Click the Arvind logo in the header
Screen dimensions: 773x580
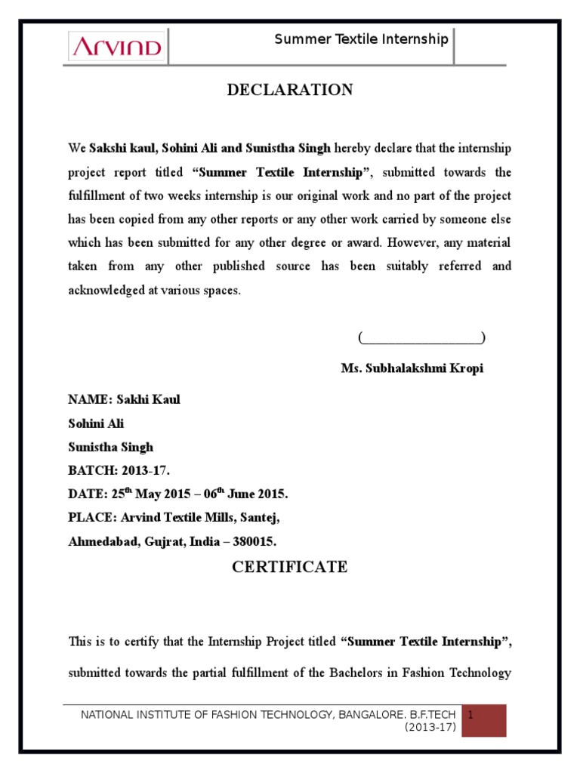[x=116, y=48]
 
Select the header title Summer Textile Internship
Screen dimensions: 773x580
[x=361, y=39]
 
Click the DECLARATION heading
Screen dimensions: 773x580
[x=290, y=91]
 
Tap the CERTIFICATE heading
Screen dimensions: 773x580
[x=289, y=568]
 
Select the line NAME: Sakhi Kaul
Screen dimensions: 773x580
[x=124, y=399]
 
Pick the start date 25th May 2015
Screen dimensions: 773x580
[x=150, y=494]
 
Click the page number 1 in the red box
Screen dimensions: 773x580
[x=470, y=713]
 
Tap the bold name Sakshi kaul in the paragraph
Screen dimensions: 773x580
[x=122, y=148]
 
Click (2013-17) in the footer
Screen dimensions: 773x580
[x=430, y=727]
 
